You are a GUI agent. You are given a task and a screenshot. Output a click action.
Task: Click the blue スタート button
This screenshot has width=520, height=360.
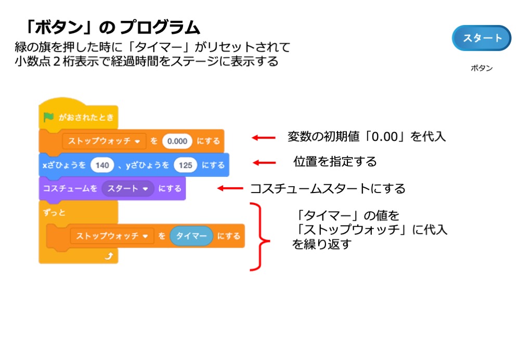click(x=482, y=38)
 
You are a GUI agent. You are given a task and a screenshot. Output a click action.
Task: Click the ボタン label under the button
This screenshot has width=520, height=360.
click(x=482, y=68)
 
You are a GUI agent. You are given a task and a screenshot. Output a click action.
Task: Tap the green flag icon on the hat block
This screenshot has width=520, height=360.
click(x=49, y=117)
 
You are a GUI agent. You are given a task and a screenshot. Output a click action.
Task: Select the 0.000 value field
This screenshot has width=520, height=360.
click(x=177, y=141)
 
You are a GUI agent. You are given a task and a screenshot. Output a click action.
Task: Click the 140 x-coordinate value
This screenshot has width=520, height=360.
click(x=102, y=165)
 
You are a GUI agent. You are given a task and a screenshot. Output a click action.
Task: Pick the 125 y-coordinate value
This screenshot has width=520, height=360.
click(x=185, y=165)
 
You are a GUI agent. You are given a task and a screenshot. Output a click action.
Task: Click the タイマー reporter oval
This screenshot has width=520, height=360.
click(x=192, y=236)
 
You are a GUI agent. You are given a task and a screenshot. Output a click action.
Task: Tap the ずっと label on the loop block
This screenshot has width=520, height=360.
click(x=51, y=213)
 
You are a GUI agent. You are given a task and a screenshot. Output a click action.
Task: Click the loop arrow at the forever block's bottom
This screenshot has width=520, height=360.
click(x=109, y=255)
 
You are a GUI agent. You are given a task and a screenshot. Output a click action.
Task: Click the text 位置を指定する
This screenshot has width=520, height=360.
click(x=335, y=162)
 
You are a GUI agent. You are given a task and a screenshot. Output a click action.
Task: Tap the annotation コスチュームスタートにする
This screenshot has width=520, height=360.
click(x=328, y=188)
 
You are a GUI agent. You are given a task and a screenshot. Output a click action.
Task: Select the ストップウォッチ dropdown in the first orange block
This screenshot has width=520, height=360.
click(x=103, y=141)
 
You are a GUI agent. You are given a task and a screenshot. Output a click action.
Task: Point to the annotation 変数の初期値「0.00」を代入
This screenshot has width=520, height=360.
click(x=367, y=137)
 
